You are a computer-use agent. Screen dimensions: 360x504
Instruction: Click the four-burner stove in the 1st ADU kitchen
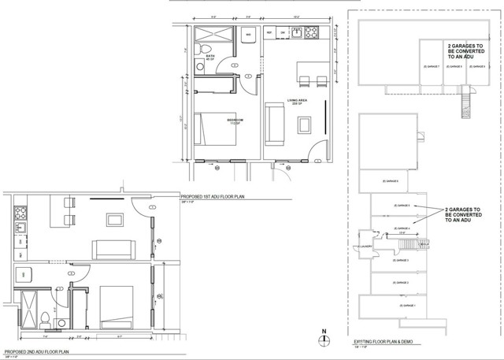310,34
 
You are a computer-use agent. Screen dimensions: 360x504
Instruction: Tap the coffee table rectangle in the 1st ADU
303,124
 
